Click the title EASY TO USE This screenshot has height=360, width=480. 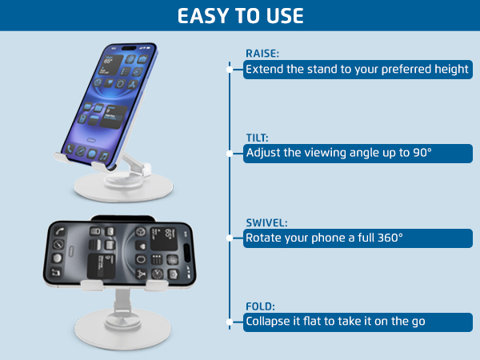[240, 16]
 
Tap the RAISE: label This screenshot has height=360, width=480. [262, 54]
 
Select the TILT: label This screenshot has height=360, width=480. [258, 138]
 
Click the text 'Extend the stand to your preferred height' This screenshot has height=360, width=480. [357, 70]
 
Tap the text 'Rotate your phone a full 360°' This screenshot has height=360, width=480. [324, 238]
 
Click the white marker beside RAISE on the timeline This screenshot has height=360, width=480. [230, 70]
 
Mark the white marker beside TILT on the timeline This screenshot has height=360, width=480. [230, 153]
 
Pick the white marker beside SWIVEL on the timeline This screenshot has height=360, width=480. [230, 238]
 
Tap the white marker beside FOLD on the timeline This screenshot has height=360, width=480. [230, 322]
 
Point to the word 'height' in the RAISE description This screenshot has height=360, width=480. [452, 70]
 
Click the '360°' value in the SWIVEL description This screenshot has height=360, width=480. [389, 238]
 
